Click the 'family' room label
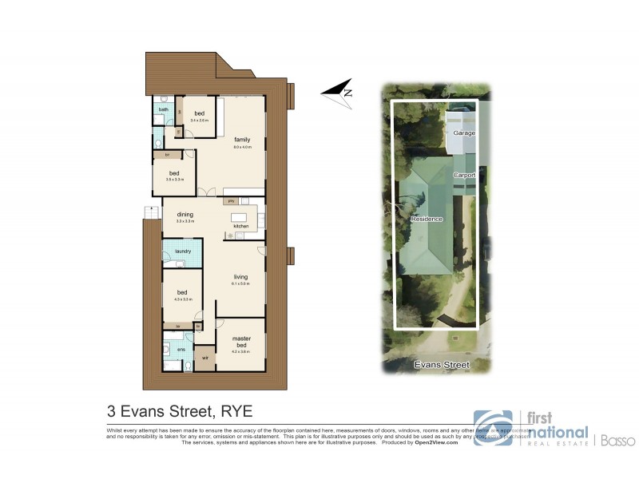click(x=242, y=140)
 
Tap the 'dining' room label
click(x=185, y=214)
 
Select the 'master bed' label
click(x=241, y=342)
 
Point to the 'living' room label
click(x=240, y=277)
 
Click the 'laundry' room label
click(x=182, y=252)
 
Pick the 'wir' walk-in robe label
click(x=205, y=358)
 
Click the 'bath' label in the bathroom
click(x=163, y=109)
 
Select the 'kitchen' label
click(x=241, y=227)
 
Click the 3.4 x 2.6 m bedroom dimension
click(x=198, y=120)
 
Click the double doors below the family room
click(x=210, y=192)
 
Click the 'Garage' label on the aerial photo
click(x=464, y=132)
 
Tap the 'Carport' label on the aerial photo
click(x=464, y=175)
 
